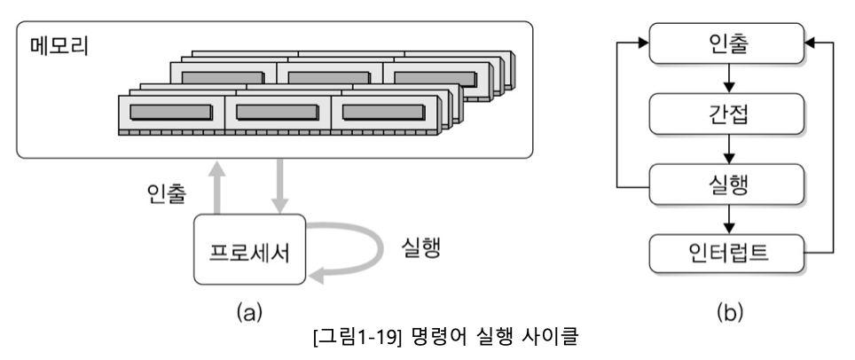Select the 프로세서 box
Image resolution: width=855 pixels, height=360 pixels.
click(249, 250)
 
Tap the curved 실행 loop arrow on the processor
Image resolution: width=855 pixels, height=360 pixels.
click(352, 253)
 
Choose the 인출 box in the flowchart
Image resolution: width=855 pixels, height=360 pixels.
click(726, 43)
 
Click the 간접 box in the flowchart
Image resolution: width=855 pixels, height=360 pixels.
click(726, 114)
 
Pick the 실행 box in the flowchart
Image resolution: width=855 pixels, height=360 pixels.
click(726, 185)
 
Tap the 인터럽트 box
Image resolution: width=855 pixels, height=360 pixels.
click(726, 255)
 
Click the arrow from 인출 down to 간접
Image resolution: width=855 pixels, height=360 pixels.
click(726, 79)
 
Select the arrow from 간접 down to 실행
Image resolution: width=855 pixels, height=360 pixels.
click(726, 150)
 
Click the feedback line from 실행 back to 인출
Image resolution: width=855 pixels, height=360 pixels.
click(618, 115)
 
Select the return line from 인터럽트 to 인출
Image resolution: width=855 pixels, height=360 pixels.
click(833, 151)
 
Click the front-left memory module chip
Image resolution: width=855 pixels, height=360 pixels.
click(171, 112)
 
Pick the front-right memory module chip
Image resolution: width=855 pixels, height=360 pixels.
click(383, 112)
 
